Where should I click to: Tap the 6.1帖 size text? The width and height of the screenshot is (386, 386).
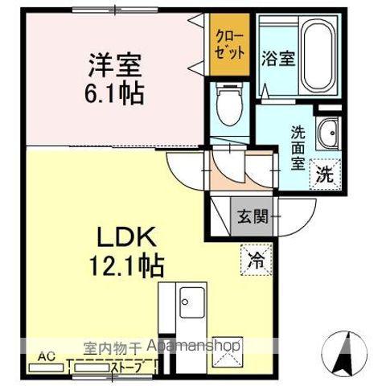112,94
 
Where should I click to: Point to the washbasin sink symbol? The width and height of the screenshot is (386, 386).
328,133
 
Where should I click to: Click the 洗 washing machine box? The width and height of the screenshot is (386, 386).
325,173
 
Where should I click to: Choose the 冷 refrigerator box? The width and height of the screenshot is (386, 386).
255,260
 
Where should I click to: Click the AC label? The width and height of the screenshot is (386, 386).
46,355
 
